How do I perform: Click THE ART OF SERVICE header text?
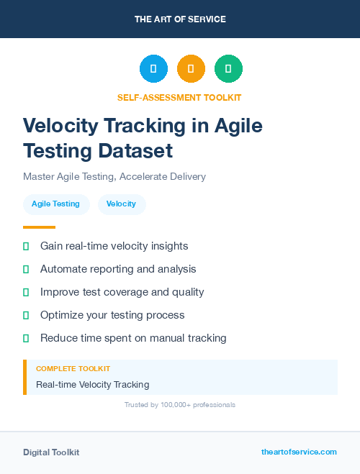pos(180,19)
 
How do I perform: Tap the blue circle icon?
pos(153,69)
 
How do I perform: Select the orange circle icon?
pos(191,69)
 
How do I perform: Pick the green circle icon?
pos(228,69)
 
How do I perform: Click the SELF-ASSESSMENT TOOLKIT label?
pos(179,97)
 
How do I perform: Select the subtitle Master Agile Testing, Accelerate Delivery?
pos(114,176)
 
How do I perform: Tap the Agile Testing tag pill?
pos(55,204)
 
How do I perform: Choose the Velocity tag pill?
pos(121,204)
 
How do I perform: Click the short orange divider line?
pos(39,227)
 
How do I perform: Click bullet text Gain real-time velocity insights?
pos(114,246)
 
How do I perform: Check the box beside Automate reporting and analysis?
pos(26,269)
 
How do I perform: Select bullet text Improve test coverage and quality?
pos(122,292)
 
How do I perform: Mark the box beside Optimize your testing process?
pos(26,315)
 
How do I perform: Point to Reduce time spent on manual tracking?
pos(133,338)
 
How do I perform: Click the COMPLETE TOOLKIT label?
pos(73,369)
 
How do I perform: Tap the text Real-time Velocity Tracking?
pos(92,385)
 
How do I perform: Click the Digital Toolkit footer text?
pos(51,452)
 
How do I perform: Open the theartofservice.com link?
pos(299,452)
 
